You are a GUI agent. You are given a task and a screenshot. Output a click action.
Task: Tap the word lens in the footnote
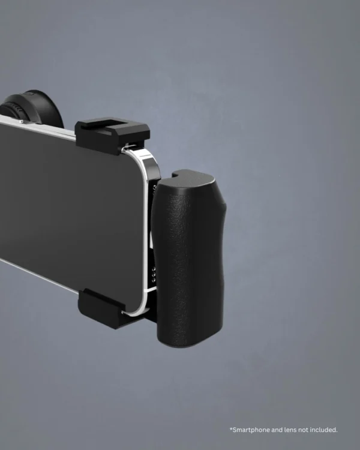tap(292, 430)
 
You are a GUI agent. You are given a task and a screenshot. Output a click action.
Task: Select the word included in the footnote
tap(325, 430)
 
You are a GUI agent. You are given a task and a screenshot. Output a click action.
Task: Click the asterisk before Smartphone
tap(230, 429)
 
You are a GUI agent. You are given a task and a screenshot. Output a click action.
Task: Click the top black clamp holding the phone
tap(112, 136)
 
